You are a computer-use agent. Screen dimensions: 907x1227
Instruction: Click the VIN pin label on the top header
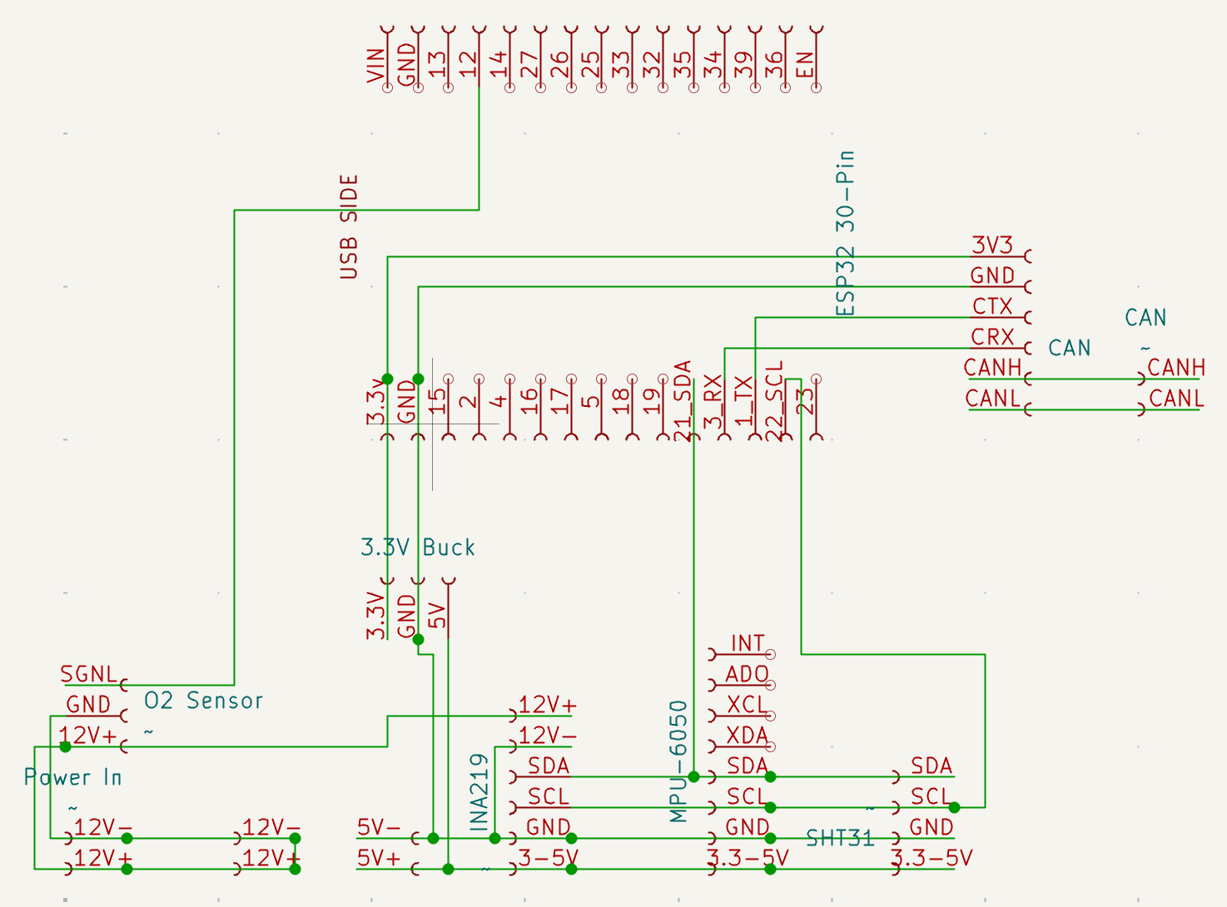click(376, 65)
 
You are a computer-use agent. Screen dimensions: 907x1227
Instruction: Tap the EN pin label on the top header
click(806, 65)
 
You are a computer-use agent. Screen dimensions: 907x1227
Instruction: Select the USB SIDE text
click(349, 226)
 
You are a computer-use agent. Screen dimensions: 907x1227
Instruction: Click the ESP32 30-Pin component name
click(846, 233)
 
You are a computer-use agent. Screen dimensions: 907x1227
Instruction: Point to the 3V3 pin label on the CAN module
click(992, 245)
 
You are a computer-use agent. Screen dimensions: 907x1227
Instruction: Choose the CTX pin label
click(992, 307)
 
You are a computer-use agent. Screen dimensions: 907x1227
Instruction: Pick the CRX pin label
click(992, 338)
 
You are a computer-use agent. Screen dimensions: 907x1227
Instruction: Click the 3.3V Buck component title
click(418, 548)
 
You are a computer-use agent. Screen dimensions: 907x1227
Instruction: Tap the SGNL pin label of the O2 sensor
click(89, 674)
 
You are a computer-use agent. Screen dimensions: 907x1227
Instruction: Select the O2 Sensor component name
click(204, 701)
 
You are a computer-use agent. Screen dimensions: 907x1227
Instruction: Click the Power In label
click(73, 778)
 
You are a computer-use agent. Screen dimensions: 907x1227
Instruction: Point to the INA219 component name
click(479, 792)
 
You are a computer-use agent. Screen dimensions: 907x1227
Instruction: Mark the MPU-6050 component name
click(679, 761)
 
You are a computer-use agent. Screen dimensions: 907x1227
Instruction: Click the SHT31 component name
click(840, 838)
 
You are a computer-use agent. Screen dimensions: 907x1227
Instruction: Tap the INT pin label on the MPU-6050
click(747, 644)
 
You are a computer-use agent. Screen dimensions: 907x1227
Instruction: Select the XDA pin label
click(747, 736)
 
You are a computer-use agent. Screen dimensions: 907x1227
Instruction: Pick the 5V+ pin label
click(379, 858)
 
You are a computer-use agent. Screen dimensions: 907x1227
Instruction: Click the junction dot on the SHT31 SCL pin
click(955, 807)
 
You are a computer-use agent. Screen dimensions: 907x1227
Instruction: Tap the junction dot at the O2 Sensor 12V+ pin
click(65, 746)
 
